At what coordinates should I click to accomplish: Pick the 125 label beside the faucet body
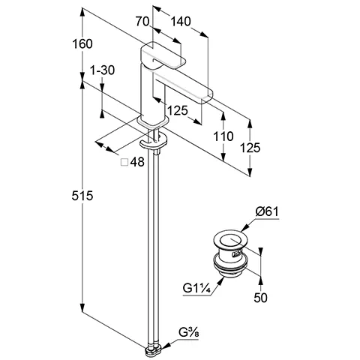point(177,111)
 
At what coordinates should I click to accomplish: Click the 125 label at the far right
point(251,148)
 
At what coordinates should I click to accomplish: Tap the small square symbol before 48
point(124,161)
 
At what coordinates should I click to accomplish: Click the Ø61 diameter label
point(266,212)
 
